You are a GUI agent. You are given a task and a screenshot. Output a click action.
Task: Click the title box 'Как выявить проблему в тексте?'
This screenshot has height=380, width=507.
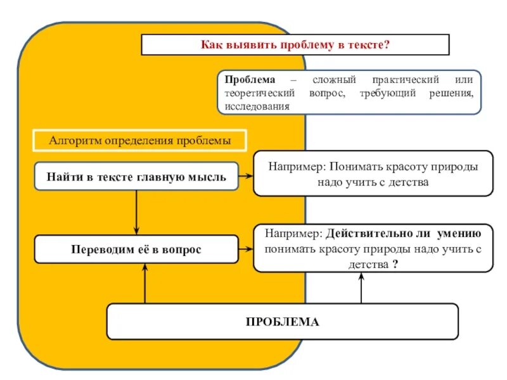(x=295, y=45)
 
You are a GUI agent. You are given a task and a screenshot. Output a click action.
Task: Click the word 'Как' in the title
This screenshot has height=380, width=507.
(x=212, y=45)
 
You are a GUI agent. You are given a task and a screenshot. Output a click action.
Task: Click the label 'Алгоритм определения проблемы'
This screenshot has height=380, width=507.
(x=139, y=140)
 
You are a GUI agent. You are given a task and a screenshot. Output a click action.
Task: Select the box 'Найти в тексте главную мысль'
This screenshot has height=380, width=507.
(x=136, y=177)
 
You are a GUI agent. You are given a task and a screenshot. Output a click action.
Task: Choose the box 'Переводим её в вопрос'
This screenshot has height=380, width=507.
(x=136, y=250)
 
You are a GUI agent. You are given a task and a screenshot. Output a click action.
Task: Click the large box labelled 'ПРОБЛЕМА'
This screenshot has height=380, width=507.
(x=283, y=321)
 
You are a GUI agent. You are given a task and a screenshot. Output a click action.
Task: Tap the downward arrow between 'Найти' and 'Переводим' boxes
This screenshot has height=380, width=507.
(x=136, y=212)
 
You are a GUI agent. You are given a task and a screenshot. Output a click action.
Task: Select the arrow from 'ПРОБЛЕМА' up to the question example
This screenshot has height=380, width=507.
(x=362, y=288)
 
